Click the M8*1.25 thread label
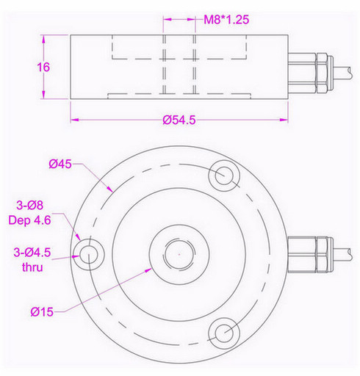[226, 21]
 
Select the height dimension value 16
[43, 66]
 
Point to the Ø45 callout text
[60, 164]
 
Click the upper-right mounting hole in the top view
[223, 176]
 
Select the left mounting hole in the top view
[90, 254]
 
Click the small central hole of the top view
[177, 252]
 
